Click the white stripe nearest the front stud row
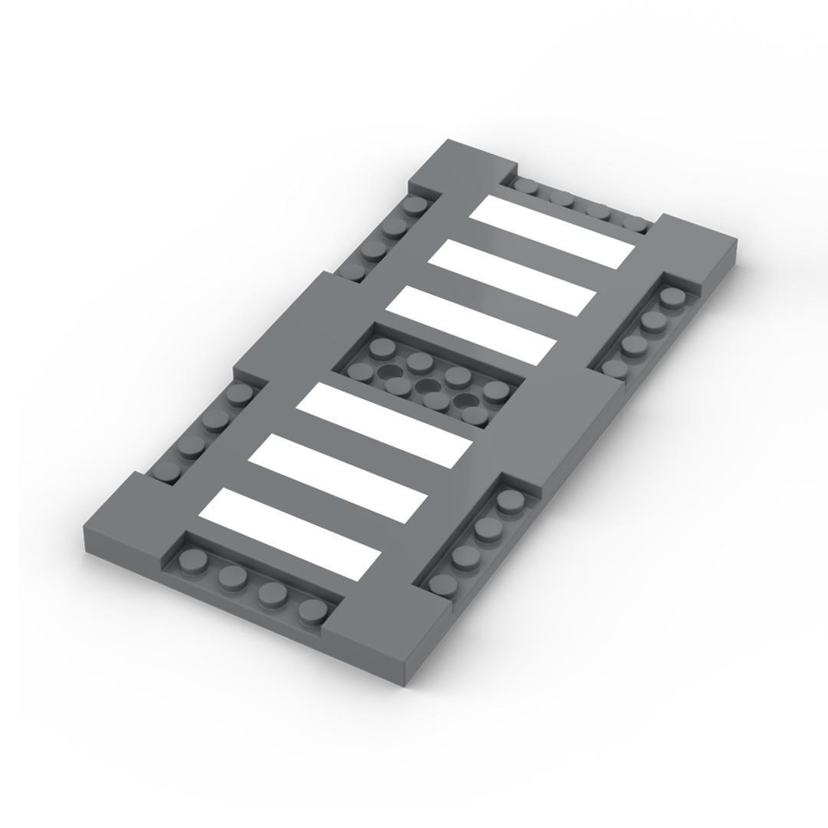click(x=290, y=534)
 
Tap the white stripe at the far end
click(x=552, y=232)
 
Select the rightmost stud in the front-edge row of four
click(x=313, y=609)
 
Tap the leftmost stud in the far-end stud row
click(x=526, y=185)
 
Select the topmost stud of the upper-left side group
click(x=414, y=205)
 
